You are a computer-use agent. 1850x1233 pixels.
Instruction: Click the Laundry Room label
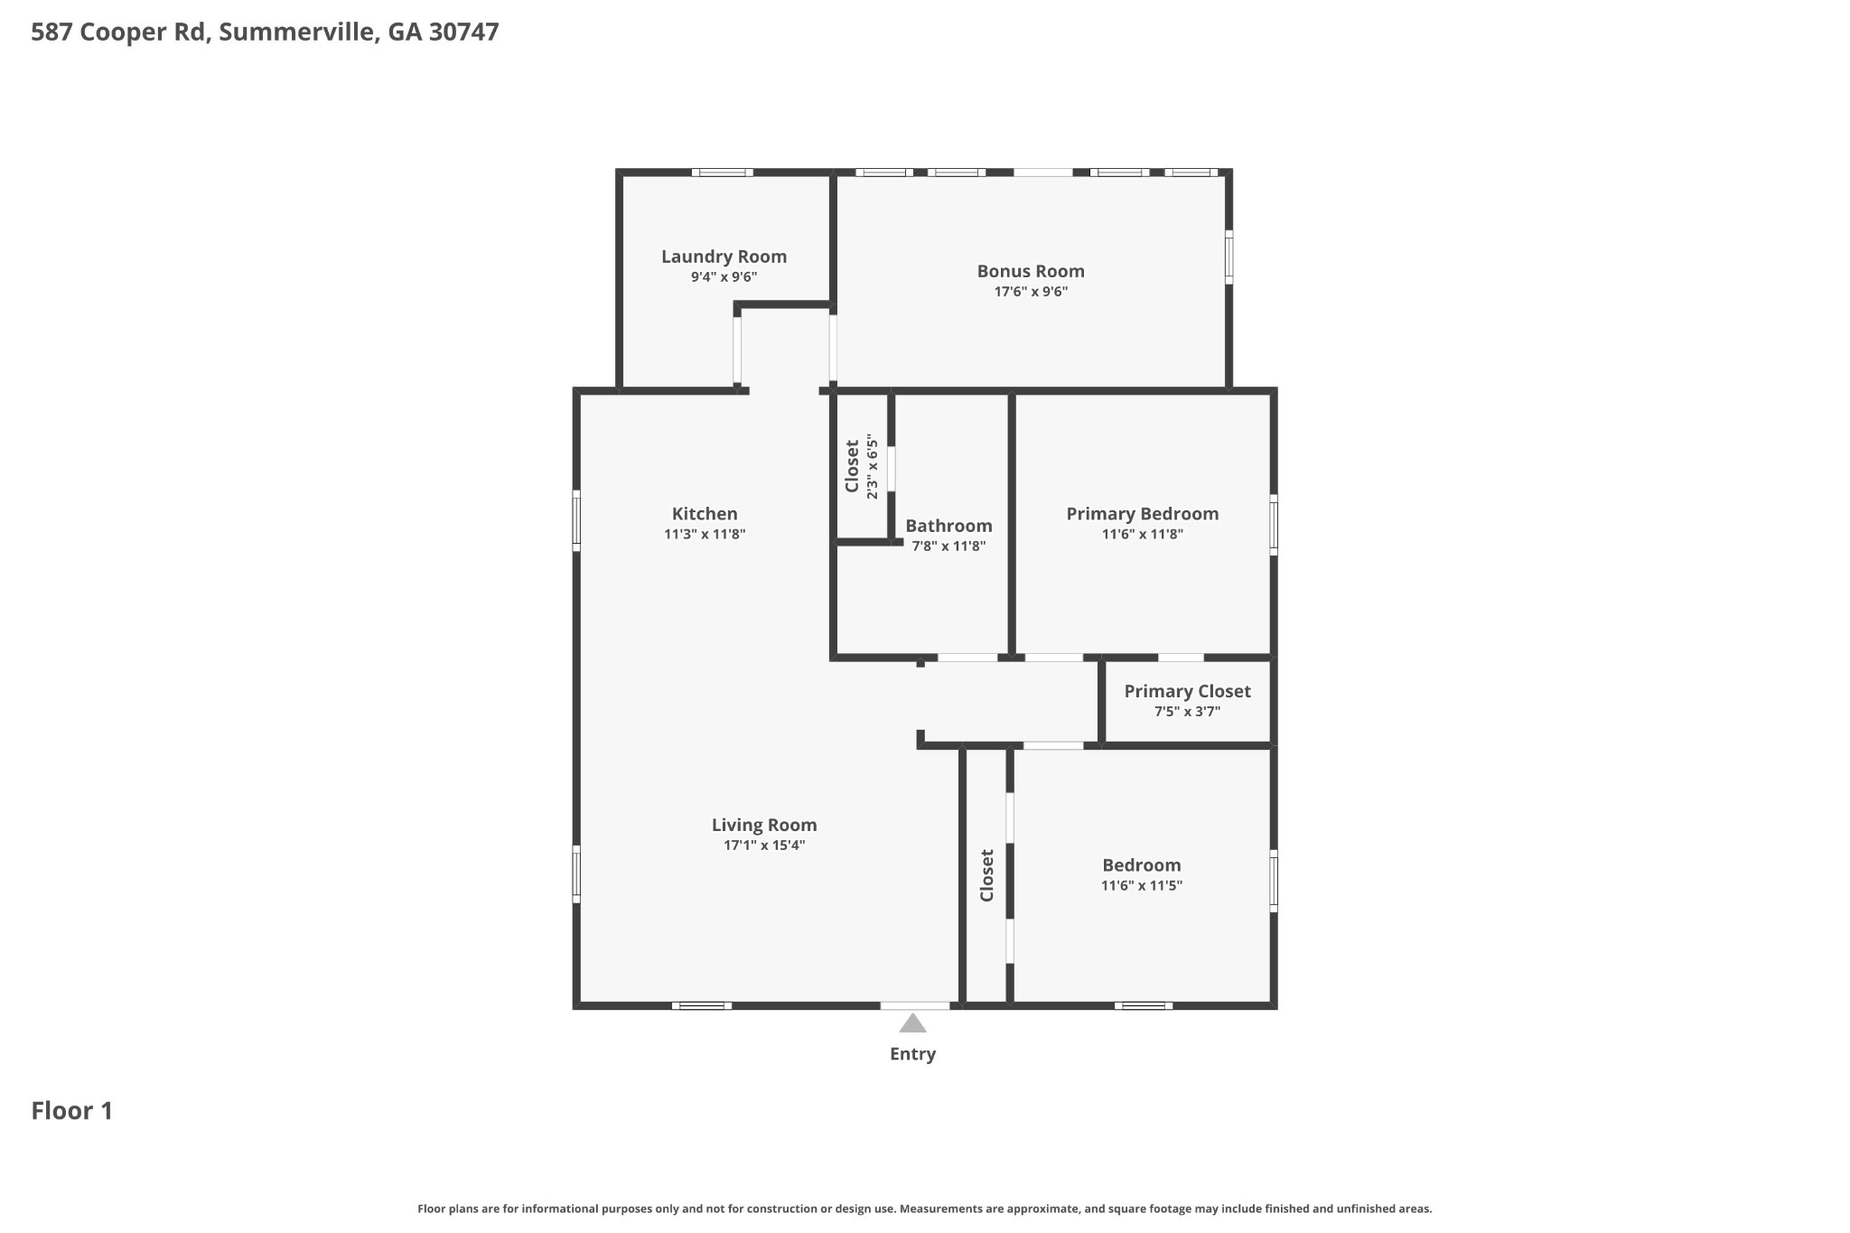pyautogui.click(x=724, y=257)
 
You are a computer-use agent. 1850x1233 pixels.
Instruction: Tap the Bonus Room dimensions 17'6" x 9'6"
pyautogui.click(x=1030, y=292)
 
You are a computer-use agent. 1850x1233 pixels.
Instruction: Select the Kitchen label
pyautogui.click(x=705, y=514)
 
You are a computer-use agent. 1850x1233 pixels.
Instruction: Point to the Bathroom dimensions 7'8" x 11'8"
pyautogui.click(x=948, y=546)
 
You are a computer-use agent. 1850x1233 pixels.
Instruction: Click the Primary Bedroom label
pyautogui.click(x=1142, y=514)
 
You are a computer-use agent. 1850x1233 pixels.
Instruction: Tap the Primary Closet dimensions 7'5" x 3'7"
pyautogui.click(x=1187, y=712)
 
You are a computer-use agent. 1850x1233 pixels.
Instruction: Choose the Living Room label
pyautogui.click(x=764, y=825)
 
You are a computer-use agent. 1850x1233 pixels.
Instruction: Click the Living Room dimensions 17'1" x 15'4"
pyautogui.click(x=764, y=845)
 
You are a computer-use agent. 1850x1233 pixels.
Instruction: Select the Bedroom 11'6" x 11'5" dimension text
pyautogui.click(x=1141, y=886)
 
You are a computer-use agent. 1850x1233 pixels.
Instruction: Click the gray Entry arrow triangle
pyautogui.click(x=912, y=1023)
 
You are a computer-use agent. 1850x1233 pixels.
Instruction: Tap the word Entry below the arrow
pyautogui.click(x=912, y=1054)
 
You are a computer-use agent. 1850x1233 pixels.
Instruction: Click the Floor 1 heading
pyautogui.click(x=72, y=1111)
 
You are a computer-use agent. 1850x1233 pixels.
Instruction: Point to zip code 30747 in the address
pyautogui.click(x=463, y=33)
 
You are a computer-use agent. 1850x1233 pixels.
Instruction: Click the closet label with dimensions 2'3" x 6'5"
pyautogui.click(x=852, y=466)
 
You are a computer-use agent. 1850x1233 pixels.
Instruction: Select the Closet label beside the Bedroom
pyautogui.click(x=986, y=874)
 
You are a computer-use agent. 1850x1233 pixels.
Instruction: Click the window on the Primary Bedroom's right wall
pyautogui.click(x=1274, y=525)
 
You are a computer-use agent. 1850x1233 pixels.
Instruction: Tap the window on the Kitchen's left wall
pyautogui.click(x=576, y=520)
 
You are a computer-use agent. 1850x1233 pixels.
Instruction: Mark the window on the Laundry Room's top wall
pyautogui.click(x=722, y=173)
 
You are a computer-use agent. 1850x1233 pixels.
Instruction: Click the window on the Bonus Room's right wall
pyautogui.click(x=1229, y=257)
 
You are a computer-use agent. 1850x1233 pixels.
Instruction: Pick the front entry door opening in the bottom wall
pyautogui.click(x=914, y=1005)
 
